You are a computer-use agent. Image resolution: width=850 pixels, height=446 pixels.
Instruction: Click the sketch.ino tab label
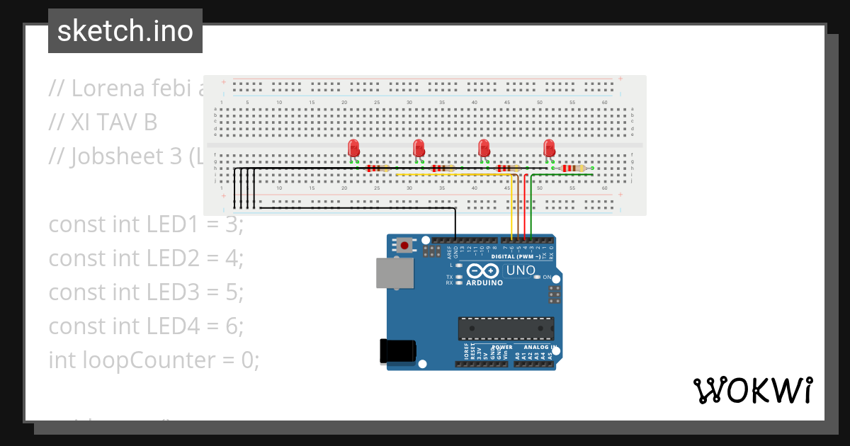[x=125, y=31]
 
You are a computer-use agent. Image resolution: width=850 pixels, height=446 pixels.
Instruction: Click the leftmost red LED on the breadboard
[x=353, y=149]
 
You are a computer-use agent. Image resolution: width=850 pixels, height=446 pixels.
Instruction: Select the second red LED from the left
[x=419, y=149]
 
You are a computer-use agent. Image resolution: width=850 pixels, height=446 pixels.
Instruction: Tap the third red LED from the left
[x=484, y=149]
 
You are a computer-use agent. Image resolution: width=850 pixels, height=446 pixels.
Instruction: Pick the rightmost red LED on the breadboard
[x=549, y=149]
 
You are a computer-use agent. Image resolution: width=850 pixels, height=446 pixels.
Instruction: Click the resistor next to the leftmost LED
[x=378, y=168]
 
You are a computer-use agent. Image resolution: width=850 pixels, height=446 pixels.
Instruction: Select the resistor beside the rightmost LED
[x=573, y=168]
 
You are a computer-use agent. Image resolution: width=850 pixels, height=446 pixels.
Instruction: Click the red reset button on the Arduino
[x=404, y=246]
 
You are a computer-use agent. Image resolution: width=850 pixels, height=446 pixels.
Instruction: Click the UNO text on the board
[x=521, y=270]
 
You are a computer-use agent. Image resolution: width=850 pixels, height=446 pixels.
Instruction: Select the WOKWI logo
[x=752, y=390]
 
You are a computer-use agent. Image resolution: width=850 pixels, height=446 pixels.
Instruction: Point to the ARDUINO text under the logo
[x=484, y=283]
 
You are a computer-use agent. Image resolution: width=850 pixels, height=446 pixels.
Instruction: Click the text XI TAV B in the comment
[x=113, y=122]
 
